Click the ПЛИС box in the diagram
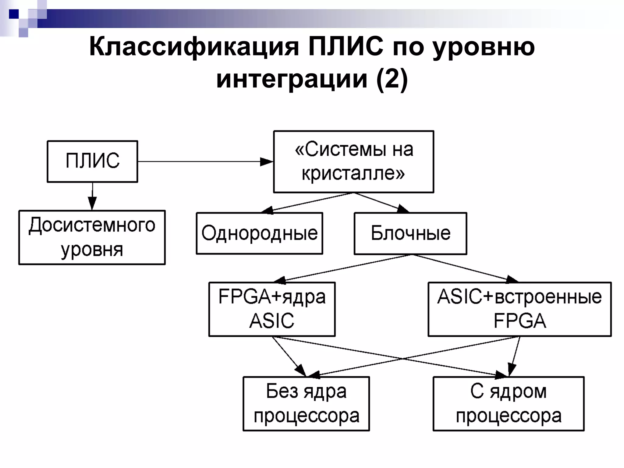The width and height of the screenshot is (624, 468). click(x=92, y=161)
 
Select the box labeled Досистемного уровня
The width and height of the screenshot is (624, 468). click(x=92, y=237)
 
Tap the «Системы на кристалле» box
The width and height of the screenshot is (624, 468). click(x=353, y=162)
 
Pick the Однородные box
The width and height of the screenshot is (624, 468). click(x=259, y=233)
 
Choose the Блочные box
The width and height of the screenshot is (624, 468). click(x=410, y=233)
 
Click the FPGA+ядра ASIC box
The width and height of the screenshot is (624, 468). click(x=272, y=309)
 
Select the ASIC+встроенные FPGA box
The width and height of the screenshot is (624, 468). click(x=519, y=309)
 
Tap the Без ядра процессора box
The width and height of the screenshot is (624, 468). click(x=306, y=404)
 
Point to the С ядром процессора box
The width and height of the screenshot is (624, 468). click(x=508, y=404)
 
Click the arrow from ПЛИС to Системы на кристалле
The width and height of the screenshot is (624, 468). click(x=204, y=161)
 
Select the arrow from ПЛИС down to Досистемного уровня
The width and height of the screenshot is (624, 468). click(x=92, y=197)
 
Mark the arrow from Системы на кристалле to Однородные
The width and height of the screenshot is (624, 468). click(x=308, y=202)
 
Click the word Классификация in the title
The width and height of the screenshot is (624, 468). click(x=194, y=48)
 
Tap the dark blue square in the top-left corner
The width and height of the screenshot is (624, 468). click(x=14, y=14)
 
